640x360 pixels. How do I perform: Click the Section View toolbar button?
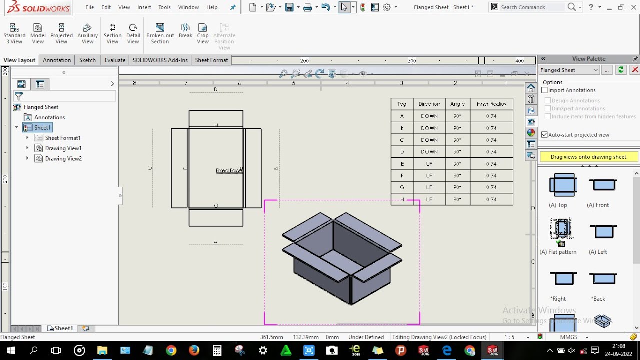point(112,33)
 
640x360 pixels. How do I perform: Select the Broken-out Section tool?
point(160,33)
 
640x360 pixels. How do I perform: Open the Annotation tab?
point(57,60)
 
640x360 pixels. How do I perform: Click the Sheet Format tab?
point(211,60)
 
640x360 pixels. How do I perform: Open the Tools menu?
point(164,7)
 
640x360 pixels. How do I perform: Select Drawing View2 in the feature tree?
point(63,159)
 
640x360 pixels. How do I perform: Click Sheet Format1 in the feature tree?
point(62,138)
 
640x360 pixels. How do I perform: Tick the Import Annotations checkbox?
point(545,90)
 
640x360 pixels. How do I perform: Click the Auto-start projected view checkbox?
point(545,135)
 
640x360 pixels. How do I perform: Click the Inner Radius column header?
point(491,104)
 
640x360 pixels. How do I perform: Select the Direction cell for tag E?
point(429,164)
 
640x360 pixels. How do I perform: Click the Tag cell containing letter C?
point(402,140)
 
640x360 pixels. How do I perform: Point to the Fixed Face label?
point(229,171)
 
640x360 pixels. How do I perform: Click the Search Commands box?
point(533,7)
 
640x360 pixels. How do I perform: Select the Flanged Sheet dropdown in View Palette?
point(569,70)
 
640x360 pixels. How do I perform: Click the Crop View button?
point(203,33)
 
